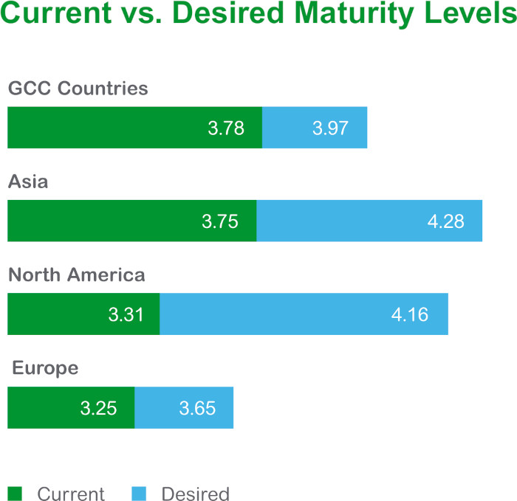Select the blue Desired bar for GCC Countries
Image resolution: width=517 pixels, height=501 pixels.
315,128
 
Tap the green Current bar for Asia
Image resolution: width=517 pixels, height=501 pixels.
131,221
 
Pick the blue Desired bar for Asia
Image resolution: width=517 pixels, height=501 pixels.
369,221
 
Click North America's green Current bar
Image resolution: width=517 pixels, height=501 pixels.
83,314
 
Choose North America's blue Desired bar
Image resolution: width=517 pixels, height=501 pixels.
304,314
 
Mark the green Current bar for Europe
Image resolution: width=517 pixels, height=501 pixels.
71,407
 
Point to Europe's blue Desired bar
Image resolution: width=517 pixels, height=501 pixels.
184,407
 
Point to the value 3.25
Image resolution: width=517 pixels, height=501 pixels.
99,408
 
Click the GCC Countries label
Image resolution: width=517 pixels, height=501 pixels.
78,89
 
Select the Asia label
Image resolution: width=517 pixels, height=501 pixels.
28,182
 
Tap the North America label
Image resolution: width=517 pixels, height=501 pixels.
77,275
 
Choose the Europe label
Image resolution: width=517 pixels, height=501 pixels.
45,368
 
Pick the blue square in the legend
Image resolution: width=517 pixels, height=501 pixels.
138,493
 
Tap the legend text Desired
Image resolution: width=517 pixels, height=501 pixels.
195,494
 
